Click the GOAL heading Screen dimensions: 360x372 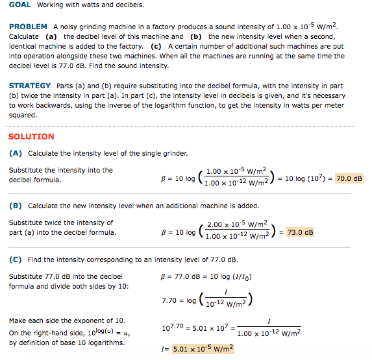pyautogui.click(x=20, y=5)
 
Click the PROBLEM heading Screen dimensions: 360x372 pyautogui.click(x=28, y=27)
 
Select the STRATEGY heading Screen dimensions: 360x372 pyautogui.click(x=30, y=86)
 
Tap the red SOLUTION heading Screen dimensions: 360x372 pyautogui.click(x=31, y=137)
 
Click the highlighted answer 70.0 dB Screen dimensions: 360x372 pyautogui.click(x=349, y=178)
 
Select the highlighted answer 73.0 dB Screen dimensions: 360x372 pyautogui.click(x=300, y=232)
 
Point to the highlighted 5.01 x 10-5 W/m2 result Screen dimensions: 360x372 pyautogui.click(x=203, y=349)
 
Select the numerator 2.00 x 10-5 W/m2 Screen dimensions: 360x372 pyautogui.click(x=232, y=224)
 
